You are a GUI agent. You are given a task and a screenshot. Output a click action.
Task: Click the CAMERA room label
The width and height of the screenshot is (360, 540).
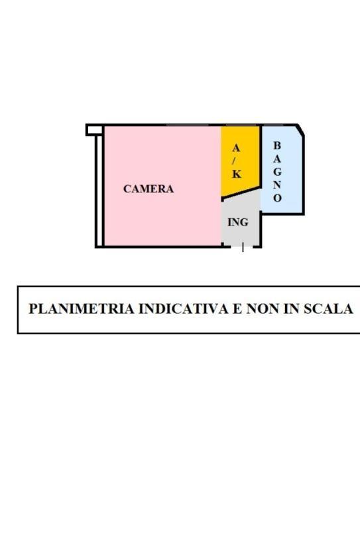149,188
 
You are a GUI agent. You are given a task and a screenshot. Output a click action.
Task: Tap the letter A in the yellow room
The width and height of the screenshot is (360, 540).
236,148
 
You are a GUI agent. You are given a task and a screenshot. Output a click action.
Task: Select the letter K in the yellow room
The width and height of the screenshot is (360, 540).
236,174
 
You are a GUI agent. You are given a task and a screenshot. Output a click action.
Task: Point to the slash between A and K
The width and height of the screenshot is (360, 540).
236,161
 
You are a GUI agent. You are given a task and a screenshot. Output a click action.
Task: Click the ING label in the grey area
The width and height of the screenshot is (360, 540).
238,222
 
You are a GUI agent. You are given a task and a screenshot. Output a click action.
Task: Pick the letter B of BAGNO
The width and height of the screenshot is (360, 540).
276,146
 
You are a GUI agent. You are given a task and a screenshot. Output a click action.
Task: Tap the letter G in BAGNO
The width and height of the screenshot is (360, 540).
277,172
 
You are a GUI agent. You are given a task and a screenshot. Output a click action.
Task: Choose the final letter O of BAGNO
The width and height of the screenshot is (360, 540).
277,198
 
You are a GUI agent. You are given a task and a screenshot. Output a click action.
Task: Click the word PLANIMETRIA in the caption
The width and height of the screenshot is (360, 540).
82,308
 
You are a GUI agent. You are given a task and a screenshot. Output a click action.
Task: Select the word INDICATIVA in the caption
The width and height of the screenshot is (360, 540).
183,308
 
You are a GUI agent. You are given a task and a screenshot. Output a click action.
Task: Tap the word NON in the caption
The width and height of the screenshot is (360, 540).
262,308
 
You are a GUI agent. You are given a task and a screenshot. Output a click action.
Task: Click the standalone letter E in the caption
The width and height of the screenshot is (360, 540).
237,308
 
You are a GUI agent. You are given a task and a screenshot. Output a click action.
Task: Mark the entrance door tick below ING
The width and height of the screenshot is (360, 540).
243,247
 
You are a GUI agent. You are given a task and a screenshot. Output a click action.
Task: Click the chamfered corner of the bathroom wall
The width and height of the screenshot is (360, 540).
300,130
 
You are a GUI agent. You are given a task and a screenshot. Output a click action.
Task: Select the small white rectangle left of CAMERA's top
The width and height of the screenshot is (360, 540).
94,130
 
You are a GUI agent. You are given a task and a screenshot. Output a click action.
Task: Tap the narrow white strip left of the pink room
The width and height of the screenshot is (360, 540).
99,191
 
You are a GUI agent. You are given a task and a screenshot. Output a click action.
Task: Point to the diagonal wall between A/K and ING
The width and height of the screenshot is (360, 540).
240,192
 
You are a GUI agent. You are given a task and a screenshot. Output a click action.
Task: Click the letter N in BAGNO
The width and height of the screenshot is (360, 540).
277,185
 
